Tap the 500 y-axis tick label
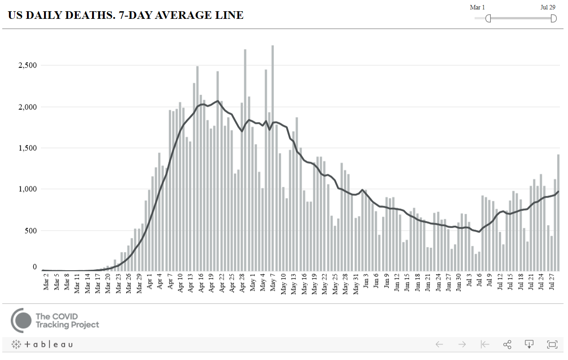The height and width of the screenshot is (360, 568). pyautogui.click(x=31, y=231)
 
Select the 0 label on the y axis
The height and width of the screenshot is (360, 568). pyautogui.click(x=35, y=267)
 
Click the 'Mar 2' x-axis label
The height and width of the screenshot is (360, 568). pyautogui.click(x=46, y=282)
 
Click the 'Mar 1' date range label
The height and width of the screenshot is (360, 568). pyautogui.click(x=477, y=7)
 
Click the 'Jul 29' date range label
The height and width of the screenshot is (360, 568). pyautogui.click(x=548, y=7)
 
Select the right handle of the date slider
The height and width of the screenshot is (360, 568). pyautogui.click(x=554, y=18)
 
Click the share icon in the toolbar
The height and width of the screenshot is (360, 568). pyautogui.click(x=507, y=345)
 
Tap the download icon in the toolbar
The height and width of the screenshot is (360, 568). pyautogui.click(x=529, y=345)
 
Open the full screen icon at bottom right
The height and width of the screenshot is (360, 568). pyautogui.click(x=552, y=345)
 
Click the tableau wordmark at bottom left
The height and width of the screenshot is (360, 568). pyautogui.click(x=48, y=345)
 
